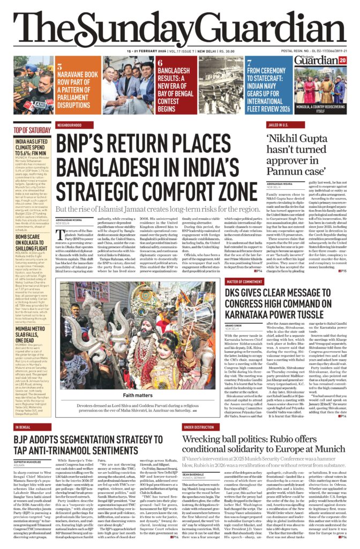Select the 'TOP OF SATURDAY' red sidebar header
[x=32, y=130]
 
